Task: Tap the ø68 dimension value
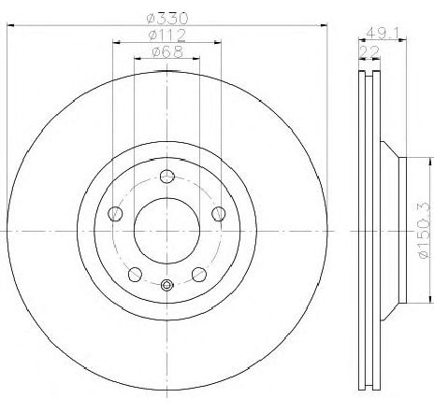tap(168, 52)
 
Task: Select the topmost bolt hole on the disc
tap(166, 178)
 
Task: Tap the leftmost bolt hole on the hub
tap(116, 213)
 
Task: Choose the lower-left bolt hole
tap(135, 273)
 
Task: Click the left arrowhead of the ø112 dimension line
tap(116, 41)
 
